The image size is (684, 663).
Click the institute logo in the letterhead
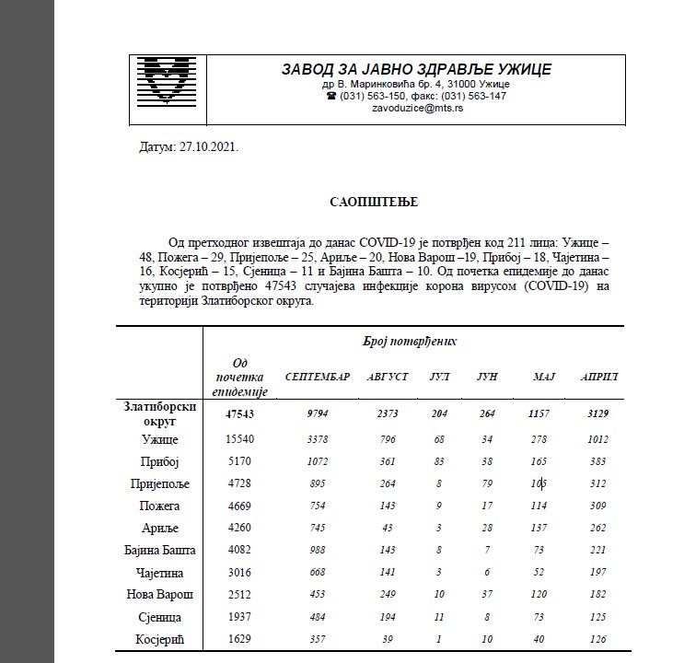168,81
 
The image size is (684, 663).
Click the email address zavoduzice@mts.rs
417,109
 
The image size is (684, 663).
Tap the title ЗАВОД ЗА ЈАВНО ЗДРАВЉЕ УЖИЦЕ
417,69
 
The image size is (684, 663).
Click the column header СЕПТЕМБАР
318,377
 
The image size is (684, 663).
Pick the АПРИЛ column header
599,377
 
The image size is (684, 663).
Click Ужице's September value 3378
318,438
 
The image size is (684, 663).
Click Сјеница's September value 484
318,616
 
